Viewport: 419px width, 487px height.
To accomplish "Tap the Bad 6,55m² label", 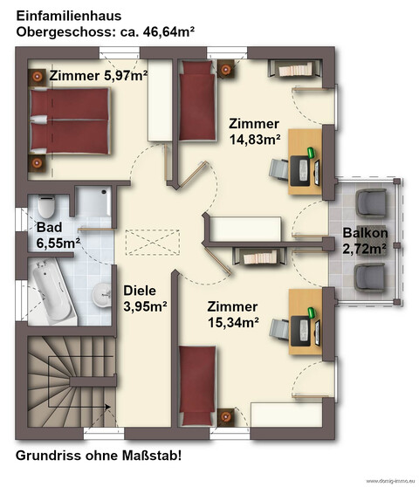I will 57,235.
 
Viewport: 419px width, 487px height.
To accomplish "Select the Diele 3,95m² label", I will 145,298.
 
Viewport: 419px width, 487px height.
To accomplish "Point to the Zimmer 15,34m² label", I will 233,314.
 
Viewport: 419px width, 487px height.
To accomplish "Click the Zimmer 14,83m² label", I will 254,131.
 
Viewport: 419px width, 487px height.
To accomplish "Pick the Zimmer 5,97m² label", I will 98,76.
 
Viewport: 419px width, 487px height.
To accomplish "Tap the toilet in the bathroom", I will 47,207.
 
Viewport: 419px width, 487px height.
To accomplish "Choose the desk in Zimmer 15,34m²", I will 304,319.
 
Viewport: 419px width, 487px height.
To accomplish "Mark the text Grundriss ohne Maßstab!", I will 99,455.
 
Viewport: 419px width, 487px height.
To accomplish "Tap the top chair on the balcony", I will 374,202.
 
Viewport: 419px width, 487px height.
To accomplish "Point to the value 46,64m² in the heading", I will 163,32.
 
